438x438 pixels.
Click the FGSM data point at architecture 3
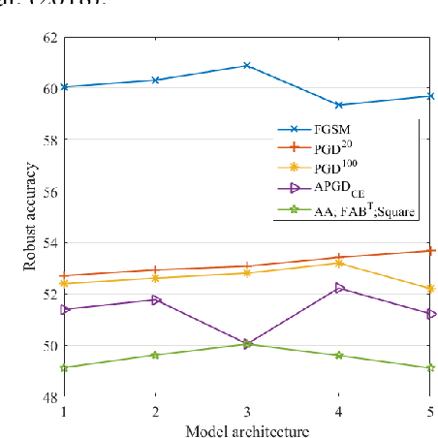coord(247,66)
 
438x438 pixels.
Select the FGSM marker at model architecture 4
coord(338,105)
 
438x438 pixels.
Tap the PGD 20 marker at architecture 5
coord(430,250)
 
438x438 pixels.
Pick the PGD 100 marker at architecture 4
coord(338,263)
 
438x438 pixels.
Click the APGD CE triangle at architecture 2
coord(155,299)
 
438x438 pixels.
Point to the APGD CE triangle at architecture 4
coord(338,288)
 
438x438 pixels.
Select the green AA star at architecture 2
coord(155,355)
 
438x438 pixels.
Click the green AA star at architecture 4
coord(338,356)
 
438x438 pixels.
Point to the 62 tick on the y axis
coord(47,37)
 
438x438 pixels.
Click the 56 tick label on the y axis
coord(47,192)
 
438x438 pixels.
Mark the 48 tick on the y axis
coord(47,397)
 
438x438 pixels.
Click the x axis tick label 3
coord(247,412)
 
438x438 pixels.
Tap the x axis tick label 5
coord(430,412)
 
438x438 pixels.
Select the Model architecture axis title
coord(247,429)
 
